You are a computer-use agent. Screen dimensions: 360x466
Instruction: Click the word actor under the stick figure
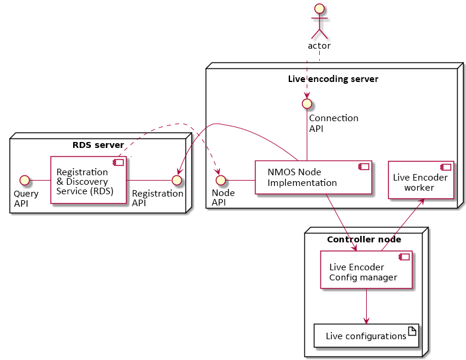click(x=319, y=46)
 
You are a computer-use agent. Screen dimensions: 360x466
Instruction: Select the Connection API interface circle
click(x=307, y=103)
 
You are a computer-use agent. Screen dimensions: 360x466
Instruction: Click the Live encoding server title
click(x=333, y=79)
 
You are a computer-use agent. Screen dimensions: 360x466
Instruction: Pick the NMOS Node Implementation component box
click(x=313, y=177)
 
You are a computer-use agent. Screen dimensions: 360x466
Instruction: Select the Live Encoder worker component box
click(x=420, y=179)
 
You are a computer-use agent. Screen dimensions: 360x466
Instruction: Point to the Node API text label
click(x=223, y=198)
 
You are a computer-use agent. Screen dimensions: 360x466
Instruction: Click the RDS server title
click(x=98, y=145)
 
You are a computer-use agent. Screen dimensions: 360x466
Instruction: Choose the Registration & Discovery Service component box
click(x=88, y=179)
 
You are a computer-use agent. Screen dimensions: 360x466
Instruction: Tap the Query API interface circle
click(x=24, y=179)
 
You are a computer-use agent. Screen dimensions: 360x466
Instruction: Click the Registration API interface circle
click(x=176, y=179)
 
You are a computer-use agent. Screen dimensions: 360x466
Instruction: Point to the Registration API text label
click(x=158, y=198)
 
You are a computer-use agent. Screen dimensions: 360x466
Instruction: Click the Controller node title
click(x=364, y=239)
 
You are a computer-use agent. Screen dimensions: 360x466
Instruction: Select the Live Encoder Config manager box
click(x=366, y=270)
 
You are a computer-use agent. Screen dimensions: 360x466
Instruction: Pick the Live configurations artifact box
click(x=366, y=336)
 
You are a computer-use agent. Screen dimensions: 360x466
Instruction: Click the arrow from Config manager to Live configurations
click(x=366, y=306)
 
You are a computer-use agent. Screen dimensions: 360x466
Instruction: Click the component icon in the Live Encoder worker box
click(x=444, y=167)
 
